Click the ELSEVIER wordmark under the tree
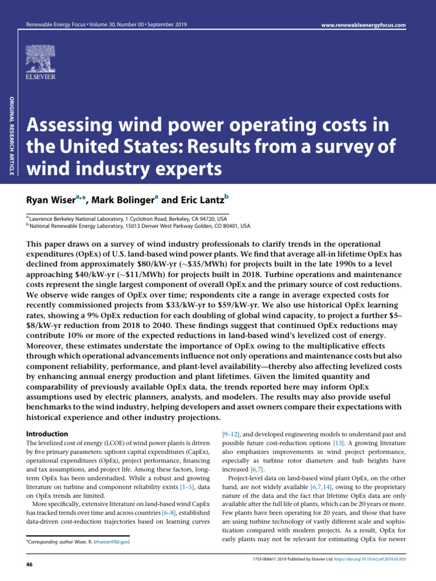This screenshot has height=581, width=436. point(43,75)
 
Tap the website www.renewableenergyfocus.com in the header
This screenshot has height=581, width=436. point(364,26)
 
